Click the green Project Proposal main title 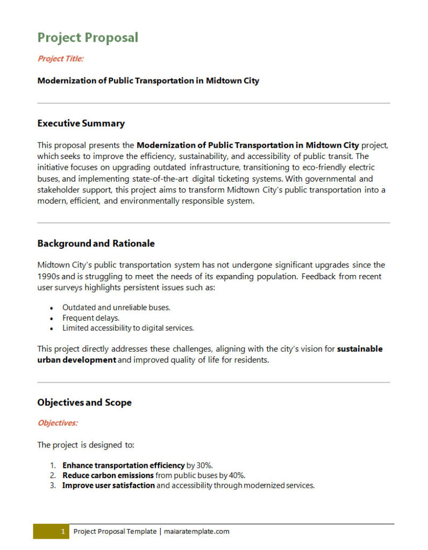coord(88,38)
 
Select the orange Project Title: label coord(60,59)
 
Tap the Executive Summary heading coord(81,124)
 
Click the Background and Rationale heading coord(96,243)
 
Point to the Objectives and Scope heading coord(84,402)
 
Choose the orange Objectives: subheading coord(58,423)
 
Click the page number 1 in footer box coord(62,532)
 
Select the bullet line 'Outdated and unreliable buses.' coord(116,307)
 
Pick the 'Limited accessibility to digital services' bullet coord(128,328)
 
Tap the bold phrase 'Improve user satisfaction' coord(109,486)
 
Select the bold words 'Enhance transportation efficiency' coord(123,465)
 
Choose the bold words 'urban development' coord(76,360)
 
